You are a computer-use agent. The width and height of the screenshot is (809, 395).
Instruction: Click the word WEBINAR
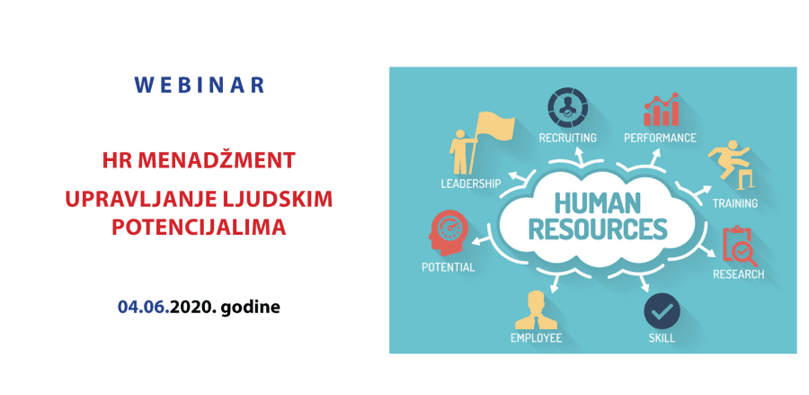(200, 85)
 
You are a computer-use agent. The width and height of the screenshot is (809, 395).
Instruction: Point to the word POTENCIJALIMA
(200, 227)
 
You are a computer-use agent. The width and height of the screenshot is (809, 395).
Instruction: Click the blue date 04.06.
(144, 307)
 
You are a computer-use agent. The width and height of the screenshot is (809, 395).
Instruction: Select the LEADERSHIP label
(471, 184)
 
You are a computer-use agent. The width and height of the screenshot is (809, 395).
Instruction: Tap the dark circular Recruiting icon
(567, 107)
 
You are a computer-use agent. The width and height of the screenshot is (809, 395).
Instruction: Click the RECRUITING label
(567, 138)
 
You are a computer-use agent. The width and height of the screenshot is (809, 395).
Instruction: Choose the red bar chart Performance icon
(661, 110)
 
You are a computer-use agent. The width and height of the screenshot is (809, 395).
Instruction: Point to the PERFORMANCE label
(660, 138)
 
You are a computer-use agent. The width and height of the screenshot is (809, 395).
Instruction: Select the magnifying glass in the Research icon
(742, 254)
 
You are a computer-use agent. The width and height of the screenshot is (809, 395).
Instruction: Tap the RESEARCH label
(738, 274)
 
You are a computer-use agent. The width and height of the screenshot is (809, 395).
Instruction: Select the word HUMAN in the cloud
(598, 203)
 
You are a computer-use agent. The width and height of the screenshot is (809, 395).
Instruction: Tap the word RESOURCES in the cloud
(598, 229)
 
